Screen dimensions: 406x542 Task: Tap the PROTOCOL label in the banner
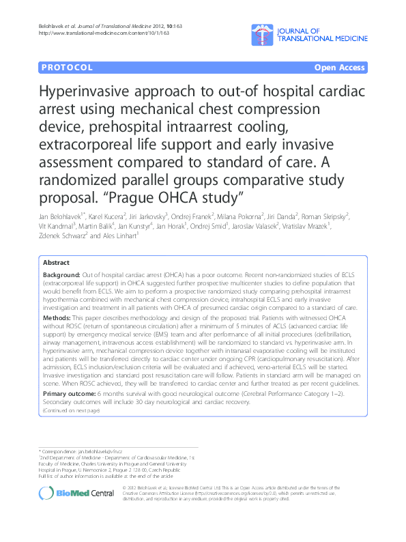pos(66,68)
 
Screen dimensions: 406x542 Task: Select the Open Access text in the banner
pos(340,68)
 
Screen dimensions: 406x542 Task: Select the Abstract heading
pos(56,262)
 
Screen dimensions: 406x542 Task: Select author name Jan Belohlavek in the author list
pos(59,216)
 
